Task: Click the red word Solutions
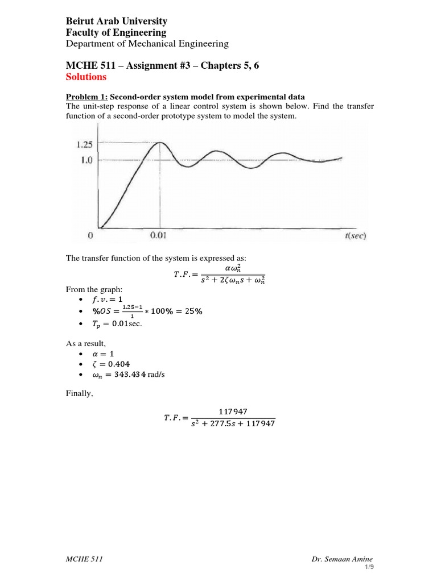click(86, 77)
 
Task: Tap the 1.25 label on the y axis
click(84, 144)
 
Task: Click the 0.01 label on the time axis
click(158, 235)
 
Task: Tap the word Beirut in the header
click(80, 21)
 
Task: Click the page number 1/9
click(369, 568)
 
